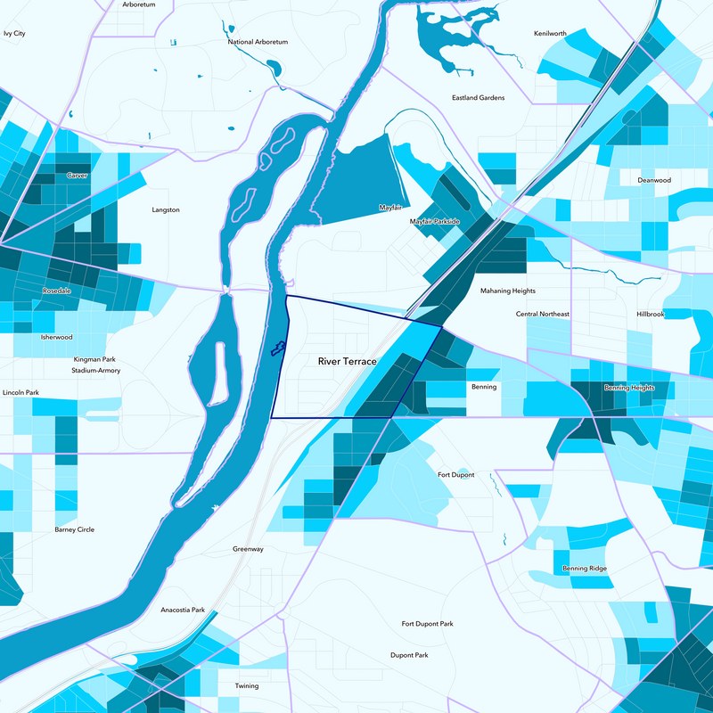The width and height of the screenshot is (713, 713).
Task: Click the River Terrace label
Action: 348,362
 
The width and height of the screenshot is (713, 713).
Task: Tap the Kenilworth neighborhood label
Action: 550,33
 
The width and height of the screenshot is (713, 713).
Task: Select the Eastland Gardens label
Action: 478,97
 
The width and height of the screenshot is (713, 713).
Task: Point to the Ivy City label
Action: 14,33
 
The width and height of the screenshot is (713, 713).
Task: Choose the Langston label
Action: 166,210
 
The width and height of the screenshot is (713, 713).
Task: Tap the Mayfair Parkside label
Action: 434,221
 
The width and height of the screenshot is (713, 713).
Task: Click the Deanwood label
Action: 653,180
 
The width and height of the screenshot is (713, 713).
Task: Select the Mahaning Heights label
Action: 508,291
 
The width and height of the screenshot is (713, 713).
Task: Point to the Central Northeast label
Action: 542,314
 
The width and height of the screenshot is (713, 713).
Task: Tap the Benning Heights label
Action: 629,388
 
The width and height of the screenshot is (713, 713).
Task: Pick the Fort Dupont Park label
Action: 427,624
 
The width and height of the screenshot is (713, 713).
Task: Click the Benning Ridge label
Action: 585,568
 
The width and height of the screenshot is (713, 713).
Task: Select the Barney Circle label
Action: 74,529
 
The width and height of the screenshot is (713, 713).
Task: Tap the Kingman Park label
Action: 94,359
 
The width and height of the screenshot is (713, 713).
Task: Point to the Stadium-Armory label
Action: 95,370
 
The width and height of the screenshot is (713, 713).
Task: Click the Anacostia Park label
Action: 183,610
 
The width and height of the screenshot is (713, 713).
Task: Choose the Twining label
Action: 246,686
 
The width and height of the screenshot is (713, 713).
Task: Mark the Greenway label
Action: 248,549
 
